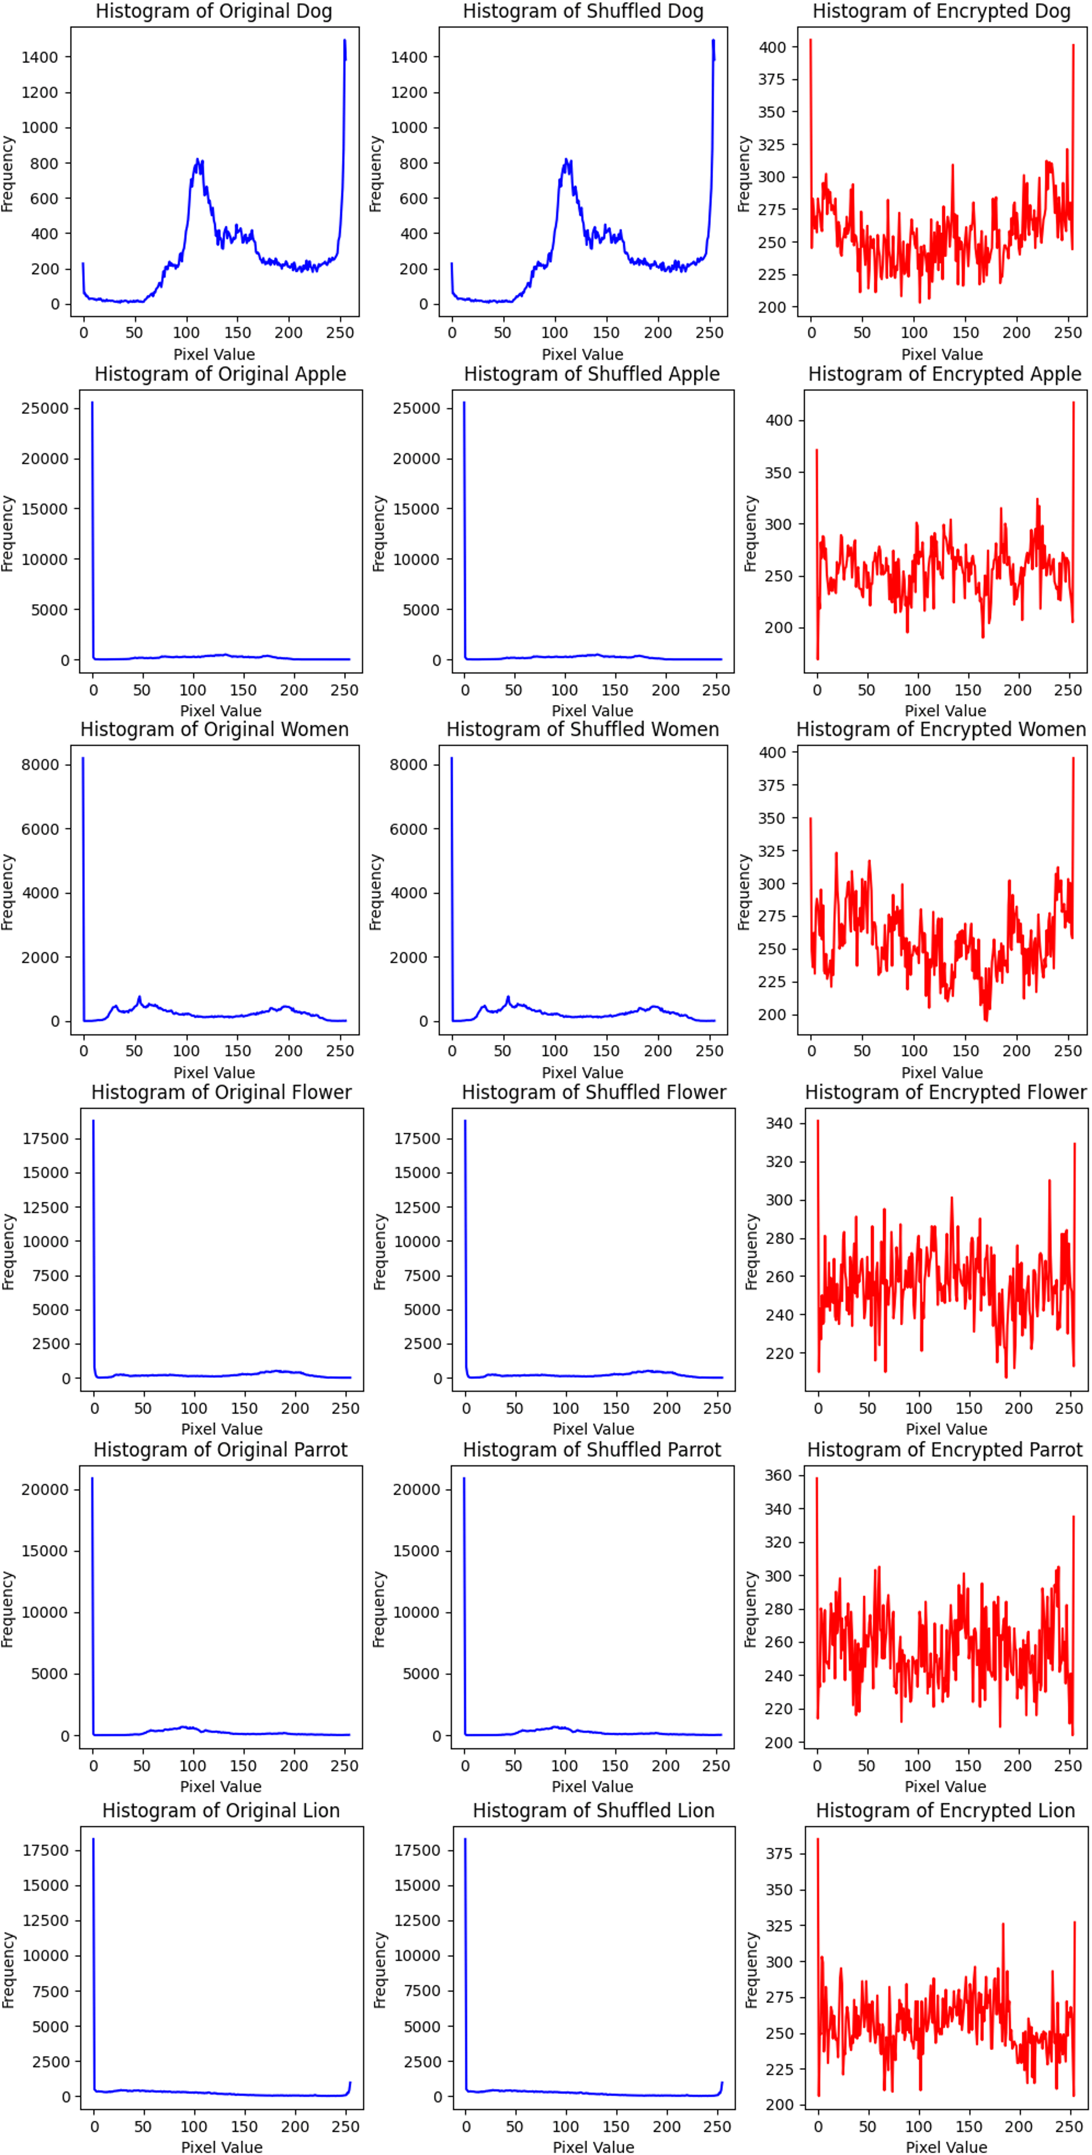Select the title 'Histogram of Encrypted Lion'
(x=945, y=1810)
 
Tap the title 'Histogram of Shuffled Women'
(x=583, y=730)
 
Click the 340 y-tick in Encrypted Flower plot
(x=779, y=1124)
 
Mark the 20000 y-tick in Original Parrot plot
(x=46, y=1490)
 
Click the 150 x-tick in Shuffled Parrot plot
(x=614, y=1766)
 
